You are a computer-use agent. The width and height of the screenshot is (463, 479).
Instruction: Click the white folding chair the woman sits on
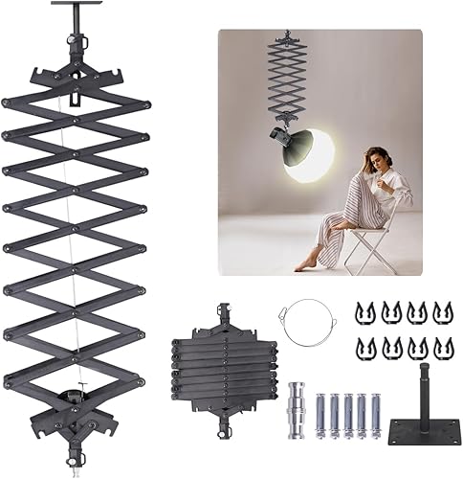pyautogui.click(x=375, y=235)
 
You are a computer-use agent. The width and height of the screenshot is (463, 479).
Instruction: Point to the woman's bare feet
pyautogui.click(x=309, y=262)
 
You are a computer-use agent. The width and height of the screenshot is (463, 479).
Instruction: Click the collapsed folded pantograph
pyautogui.click(x=226, y=358)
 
